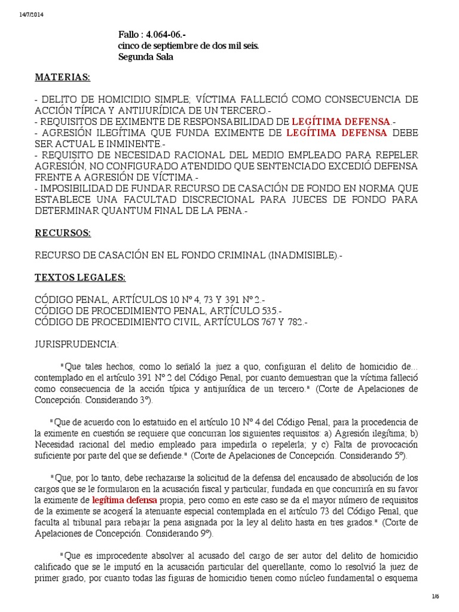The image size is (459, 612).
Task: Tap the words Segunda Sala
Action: coord(146,57)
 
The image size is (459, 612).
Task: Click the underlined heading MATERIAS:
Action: coord(62,78)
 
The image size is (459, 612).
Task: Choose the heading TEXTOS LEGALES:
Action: coord(80,278)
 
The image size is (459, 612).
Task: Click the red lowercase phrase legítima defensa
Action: coord(125,499)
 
